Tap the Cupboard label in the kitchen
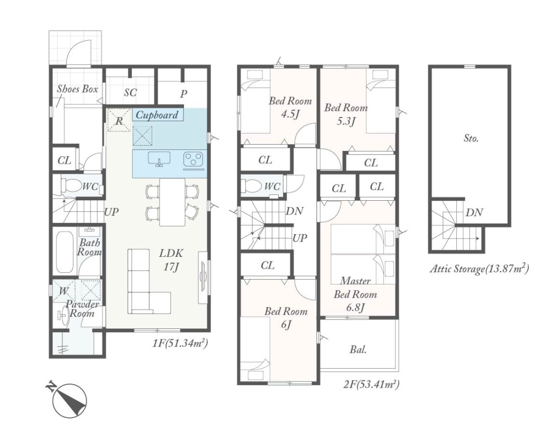coord(157,115)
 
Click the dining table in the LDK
coord(172,202)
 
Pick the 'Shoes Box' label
coord(78,89)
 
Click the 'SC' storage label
coord(131,93)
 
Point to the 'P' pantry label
coord(184,94)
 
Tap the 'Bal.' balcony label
coord(359,350)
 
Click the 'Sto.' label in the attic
coord(471,138)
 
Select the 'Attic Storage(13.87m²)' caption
coord(479,269)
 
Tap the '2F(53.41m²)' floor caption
coord(371,385)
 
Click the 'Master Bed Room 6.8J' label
coord(355,294)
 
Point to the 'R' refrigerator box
coord(120,120)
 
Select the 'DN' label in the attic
coord(474,212)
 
